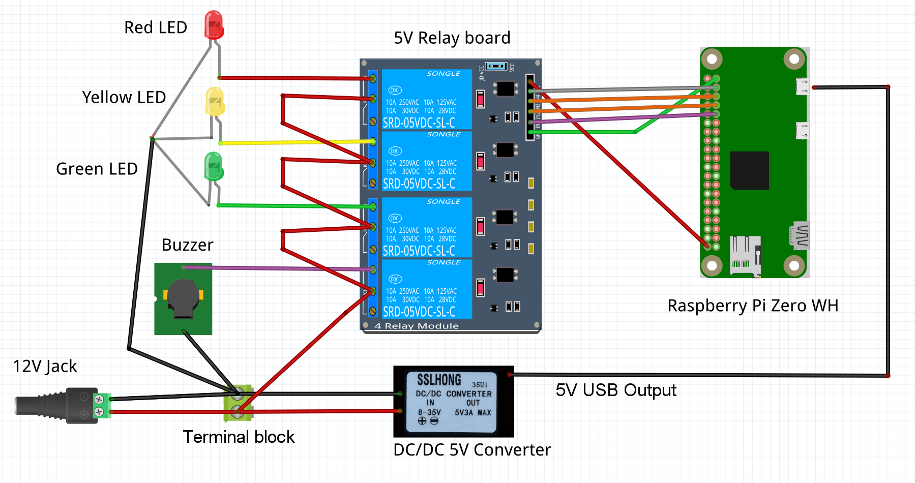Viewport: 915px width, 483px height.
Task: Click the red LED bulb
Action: tap(214, 24)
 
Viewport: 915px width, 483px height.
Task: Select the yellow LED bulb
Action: tap(215, 101)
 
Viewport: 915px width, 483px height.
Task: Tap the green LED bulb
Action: tap(214, 166)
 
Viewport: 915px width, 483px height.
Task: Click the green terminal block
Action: tap(238, 403)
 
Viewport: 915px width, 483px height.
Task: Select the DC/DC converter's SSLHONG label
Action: tap(439, 380)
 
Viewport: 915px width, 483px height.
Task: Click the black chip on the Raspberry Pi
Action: tap(749, 170)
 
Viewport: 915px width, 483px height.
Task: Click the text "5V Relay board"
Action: tap(452, 38)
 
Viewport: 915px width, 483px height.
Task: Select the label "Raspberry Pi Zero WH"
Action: tap(752, 306)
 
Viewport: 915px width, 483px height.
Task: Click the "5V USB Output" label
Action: tap(615, 390)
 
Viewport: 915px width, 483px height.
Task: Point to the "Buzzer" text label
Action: tap(187, 245)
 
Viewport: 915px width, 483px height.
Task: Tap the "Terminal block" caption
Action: tap(239, 437)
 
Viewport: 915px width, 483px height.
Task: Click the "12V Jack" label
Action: tap(45, 367)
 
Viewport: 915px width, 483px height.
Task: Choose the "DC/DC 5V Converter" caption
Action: tap(471, 450)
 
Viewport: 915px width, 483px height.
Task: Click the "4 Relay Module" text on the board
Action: tap(416, 326)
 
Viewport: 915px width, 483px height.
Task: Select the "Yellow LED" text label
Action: tap(124, 97)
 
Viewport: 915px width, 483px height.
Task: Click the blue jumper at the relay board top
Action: tap(496, 66)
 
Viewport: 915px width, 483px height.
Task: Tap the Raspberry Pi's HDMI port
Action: tap(800, 235)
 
